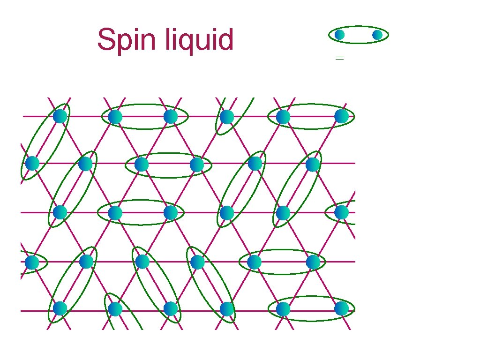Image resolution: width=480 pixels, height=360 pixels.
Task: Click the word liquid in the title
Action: (x=199, y=40)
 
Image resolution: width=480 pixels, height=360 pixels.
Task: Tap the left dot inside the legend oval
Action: (x=339, y=35)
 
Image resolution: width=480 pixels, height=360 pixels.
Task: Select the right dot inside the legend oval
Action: (x=377, y=35)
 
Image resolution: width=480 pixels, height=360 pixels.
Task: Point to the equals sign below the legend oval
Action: (x=340, y=58)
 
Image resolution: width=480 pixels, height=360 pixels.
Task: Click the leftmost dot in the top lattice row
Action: (x=60, y=116)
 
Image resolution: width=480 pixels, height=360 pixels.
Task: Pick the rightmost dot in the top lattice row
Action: (x=342, y=116)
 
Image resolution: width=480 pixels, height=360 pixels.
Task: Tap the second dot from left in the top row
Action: (x=115, y=117)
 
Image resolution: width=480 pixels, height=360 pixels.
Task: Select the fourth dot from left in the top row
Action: (x=227, y=117)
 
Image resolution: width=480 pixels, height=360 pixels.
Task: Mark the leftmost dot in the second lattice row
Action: (x=32, y=163)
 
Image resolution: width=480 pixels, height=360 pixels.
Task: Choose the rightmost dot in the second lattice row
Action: (x=313, y=164)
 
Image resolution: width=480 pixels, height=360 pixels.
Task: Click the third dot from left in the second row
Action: (x=141, y=164)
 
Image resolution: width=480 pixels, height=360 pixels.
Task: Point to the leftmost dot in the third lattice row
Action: (x=60, y=212)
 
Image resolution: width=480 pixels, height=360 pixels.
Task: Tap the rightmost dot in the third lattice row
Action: (x=342, y=212)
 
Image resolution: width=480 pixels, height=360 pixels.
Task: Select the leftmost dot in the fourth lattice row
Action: (x=32, y=262)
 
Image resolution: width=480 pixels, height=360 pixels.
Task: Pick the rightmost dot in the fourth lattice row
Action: (x=313, y=262)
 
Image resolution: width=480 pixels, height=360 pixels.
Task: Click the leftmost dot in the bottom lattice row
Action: (x=60, y=308)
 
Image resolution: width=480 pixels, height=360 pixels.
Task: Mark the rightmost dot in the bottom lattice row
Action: (x=342, y=308)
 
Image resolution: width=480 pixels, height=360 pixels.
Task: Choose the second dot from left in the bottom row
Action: (x=115, y=309)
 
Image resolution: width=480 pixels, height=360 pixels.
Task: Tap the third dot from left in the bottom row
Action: (x=171, y=308)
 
